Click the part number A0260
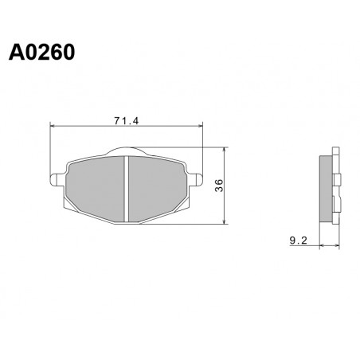[x=41, y=53]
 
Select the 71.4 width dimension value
[x=127, y=121]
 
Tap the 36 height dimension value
[x=220, y=186]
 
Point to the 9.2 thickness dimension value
[x=298, y=241]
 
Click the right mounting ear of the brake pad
[x=196, y=179]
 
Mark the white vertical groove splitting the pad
[x=127, y=189]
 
